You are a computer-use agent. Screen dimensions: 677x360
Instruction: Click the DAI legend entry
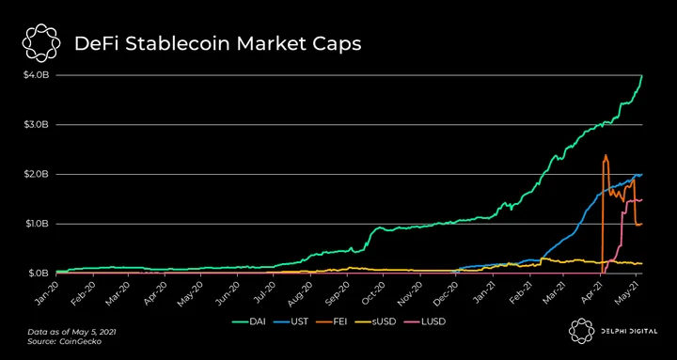[x=248, y=321]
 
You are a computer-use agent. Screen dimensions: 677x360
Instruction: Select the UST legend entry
[x=291, y=321]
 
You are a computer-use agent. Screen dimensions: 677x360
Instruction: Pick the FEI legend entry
[x=334, y=321]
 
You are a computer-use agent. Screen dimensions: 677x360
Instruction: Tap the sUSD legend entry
[x=378, y=321]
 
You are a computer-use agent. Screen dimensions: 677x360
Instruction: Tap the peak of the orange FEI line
[x=606, y=155]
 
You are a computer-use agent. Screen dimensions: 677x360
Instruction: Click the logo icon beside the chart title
[x=41, y=42]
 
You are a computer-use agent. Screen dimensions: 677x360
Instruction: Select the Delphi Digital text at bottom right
[x=630, y=331]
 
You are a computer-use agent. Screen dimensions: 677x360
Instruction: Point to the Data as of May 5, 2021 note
[x=71, y=333]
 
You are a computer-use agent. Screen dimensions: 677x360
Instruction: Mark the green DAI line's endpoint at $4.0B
[x=642, y=76]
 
